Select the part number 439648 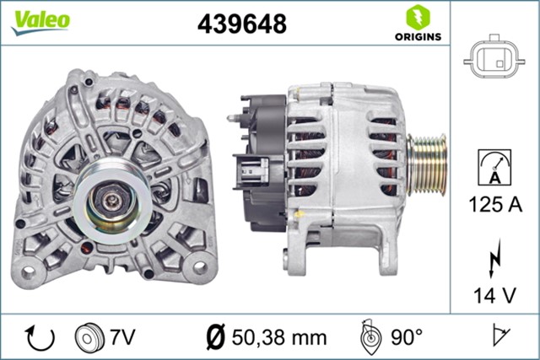point(241,24)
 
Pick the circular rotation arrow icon point(40,337)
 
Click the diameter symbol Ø point(215,337)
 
